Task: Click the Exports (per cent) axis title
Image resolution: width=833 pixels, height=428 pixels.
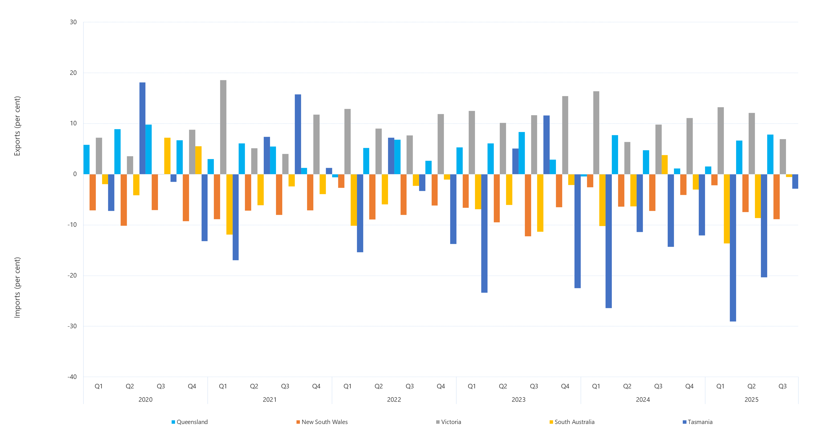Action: (x=17, y=126)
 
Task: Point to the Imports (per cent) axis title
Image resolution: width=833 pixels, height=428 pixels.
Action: (x=17, y=288)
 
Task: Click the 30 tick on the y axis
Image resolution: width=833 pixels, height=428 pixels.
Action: (x=73, y=22)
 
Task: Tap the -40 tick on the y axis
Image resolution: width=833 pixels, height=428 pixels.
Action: (x=72, y=377)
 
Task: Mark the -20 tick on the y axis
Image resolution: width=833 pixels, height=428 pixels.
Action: (x=72, y=276)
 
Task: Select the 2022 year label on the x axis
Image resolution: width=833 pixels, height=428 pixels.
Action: (x=394, y=400)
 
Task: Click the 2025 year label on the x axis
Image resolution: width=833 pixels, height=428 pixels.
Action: (x=751, y=400)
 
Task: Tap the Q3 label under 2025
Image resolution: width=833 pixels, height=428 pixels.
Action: (x=782, y=386)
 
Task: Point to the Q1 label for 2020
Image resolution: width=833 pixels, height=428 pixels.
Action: (x=99, y=386)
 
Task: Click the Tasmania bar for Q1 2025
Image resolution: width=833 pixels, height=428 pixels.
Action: (x=733, y=248)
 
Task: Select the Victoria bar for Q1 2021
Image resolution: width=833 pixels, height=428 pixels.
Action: (x=223, y=127)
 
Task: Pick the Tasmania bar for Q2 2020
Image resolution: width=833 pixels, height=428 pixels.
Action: (x=142, y=128)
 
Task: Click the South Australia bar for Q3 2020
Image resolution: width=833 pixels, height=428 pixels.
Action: (x=167, y=156)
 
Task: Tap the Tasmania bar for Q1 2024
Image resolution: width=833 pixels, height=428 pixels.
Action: (x=609, y=241)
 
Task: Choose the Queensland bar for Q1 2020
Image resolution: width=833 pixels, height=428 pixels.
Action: (x=86, y=159)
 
